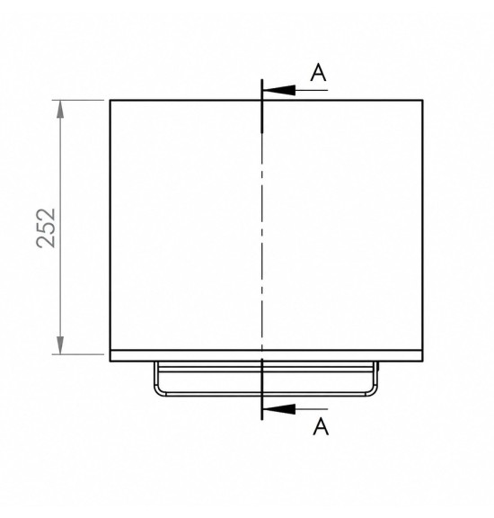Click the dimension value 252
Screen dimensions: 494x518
coord(46,228)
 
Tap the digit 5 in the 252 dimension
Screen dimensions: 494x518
coord(46,228)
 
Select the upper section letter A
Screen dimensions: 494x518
coord(319,73)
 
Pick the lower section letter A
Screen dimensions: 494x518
coord(321,426)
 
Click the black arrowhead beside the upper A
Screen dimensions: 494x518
coord(279,90)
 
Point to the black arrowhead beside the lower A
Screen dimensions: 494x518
coord(279,409)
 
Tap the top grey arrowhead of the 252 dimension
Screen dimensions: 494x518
coord(60,109)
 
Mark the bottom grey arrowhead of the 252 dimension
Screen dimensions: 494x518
coord(60,345)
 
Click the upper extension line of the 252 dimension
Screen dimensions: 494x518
coord(78,100)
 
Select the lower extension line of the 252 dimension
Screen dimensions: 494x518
coord(78,354)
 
